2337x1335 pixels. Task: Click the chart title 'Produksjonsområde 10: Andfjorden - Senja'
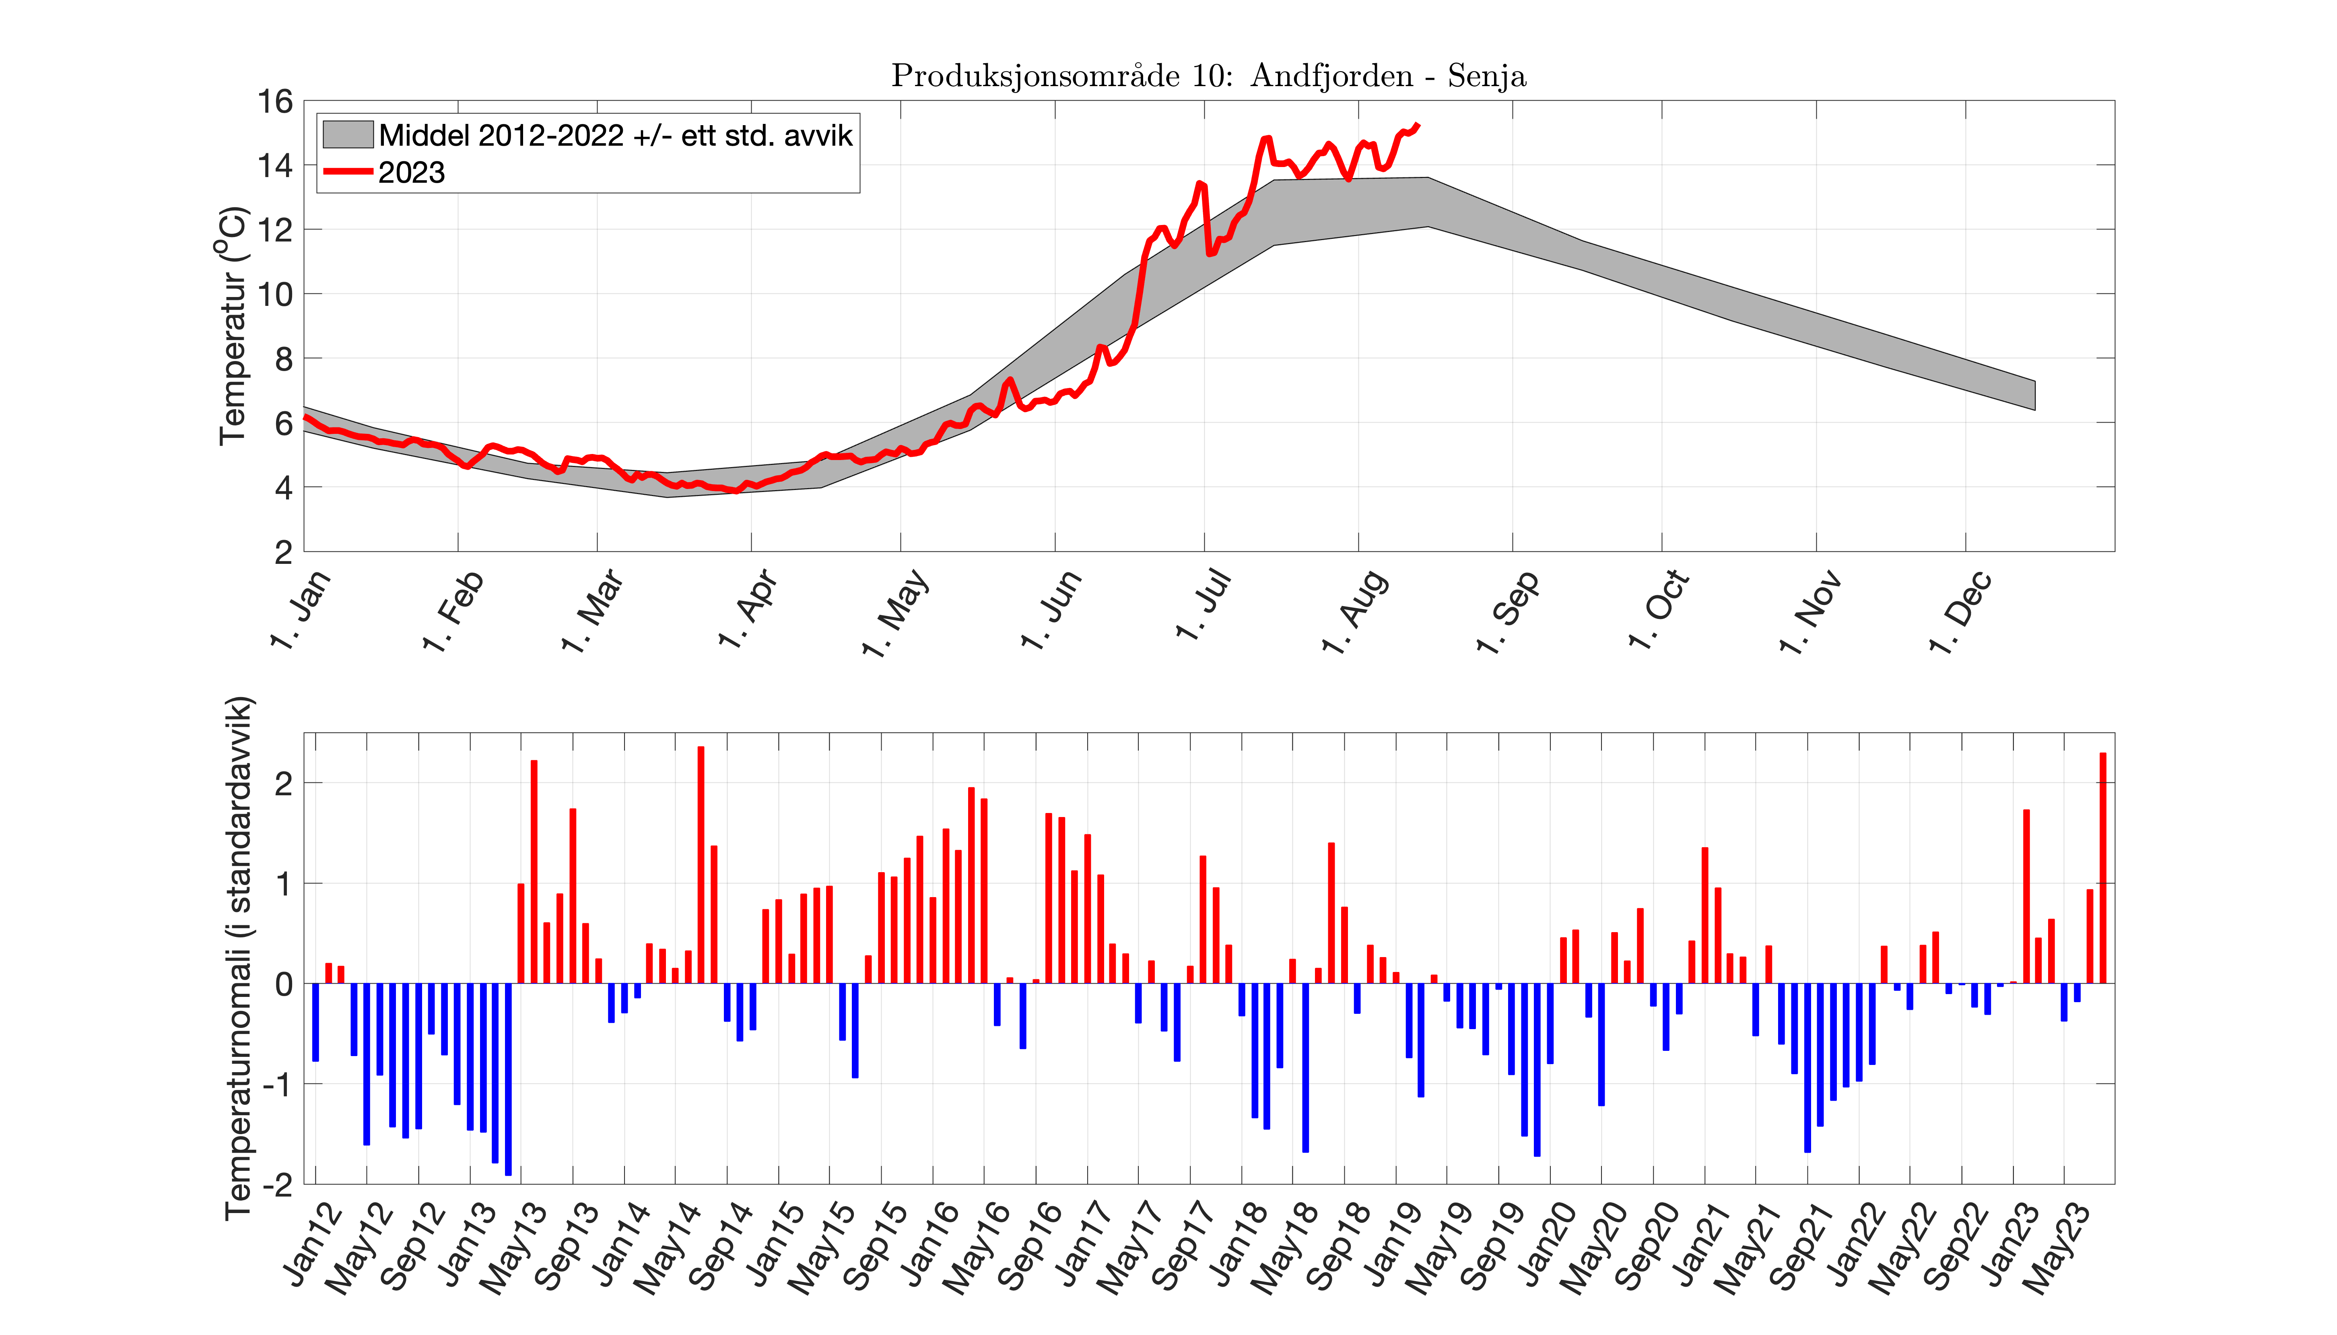pos(1208,75)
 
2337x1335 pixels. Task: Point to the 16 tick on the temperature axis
pos(275,102)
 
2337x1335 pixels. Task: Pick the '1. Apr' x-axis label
pos(747,610)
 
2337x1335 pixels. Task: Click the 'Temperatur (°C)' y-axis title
pos(234,326)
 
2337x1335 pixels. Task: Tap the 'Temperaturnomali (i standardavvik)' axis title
pos(238,958)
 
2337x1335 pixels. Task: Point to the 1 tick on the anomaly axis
pos(284,884)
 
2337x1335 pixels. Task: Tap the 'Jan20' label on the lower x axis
pos(1545,1247)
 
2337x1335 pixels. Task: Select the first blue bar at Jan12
pos(315,1022)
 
